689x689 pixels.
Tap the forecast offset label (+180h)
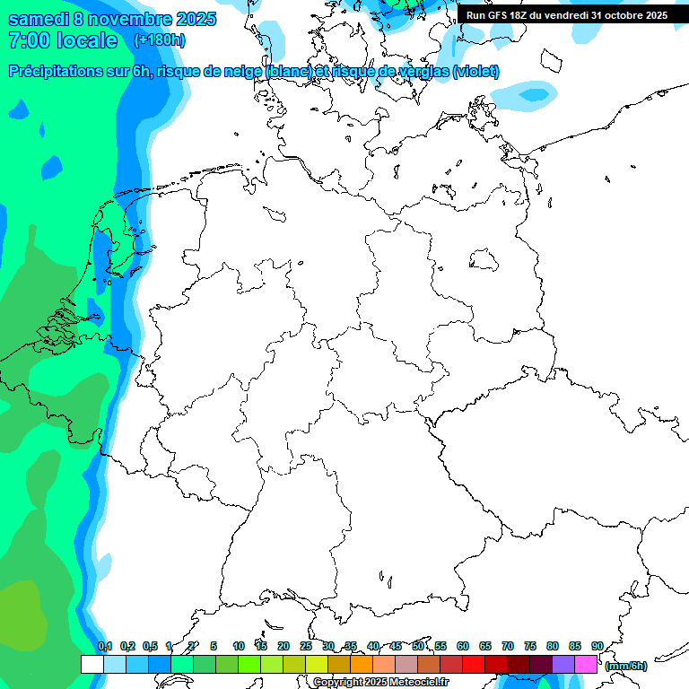pyautogui.click(x=160, y=40)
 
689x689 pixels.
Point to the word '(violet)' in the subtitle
pyautogui.click(x=476, y=72)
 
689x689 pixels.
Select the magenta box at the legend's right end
pyautogui.click(x=586, y=664)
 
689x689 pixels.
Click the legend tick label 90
pyautogui.click(x=597, y=646)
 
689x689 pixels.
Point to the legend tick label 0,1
pyautogui.click(x=105, y=646)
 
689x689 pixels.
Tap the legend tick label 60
pyautogui.click(x=463, y=646)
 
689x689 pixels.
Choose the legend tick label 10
pyautogui.click(x=239, y=646)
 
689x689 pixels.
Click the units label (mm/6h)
pyautogui.click(x=625, y=666)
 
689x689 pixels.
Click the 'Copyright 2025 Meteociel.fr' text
pyautogui.click(x=381, y=683)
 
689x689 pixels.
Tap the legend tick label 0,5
pyautogui.click(x=150, y=646)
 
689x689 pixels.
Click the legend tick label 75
pyautogui.click(x=530, y=646)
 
